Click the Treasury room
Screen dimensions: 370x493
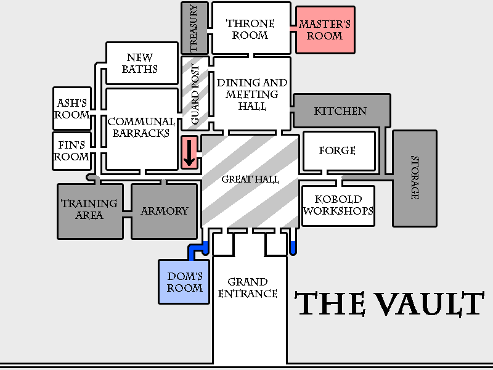pos(195,28)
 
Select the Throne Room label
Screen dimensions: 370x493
pos(250,29)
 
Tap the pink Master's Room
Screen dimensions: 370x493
pos(325,30)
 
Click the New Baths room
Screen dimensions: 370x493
pos(140,64)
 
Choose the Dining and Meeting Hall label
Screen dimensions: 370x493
pos(251,94)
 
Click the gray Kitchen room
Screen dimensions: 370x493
pos(341,111)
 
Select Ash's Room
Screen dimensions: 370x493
pos(72,109)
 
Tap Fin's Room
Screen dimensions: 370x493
pos(71,150)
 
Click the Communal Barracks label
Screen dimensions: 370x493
pos(142,128)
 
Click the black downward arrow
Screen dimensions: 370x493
pos(190,153)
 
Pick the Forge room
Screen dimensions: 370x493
pos(338,150)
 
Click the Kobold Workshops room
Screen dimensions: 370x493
pos(338,205)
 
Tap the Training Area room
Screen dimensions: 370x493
pos(90,210)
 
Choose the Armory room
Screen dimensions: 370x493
pos(165,211)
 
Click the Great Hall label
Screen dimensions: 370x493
pos(250,179)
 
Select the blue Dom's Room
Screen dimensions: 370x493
pos(185,281)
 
